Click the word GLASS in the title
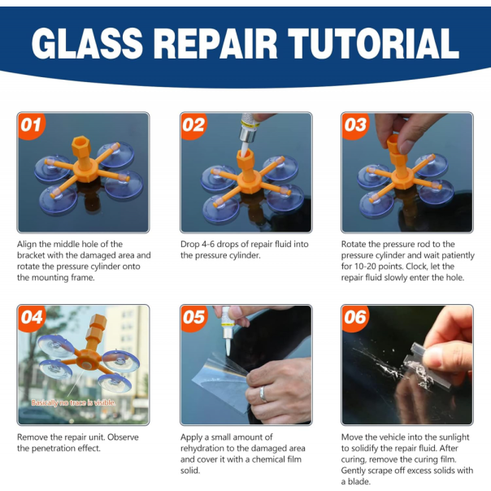point(87,44)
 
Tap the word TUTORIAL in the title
point(373,44)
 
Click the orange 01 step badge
point(32,125)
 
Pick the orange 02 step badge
point(194,125)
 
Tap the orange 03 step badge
point(355,125)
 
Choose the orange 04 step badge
point(32,318)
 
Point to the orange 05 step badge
point(194,318)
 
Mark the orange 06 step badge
point(355,318)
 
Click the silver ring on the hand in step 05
point(263,394)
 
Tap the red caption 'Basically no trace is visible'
point(73,402)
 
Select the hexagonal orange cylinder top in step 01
point(81,145)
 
